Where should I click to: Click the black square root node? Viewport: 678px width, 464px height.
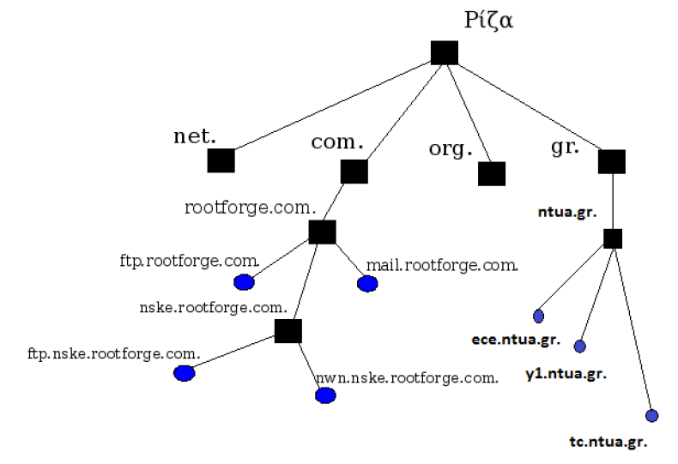[444, 52]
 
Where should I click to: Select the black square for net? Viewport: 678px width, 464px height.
[221, 160]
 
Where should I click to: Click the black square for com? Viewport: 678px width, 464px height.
[354, 172]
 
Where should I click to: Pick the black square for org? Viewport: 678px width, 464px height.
[491, 173]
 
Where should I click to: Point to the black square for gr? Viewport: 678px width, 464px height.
[611, 161]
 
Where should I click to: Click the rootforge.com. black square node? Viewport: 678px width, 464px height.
[322, 232]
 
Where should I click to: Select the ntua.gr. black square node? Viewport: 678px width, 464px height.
[612, 238]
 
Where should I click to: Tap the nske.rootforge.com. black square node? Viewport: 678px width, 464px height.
[288, 330]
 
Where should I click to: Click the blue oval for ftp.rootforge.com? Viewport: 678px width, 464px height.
[244, 282]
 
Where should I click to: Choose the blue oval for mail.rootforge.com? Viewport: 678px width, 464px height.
[367, 284]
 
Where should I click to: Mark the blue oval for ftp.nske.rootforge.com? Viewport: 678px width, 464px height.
[184, 373]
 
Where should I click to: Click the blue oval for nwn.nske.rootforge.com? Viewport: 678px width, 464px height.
[325, 395]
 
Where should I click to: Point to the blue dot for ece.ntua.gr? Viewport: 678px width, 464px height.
[539, 316]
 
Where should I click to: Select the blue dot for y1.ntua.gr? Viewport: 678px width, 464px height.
[579, 346]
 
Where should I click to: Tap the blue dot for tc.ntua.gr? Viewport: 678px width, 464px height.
[651, 416]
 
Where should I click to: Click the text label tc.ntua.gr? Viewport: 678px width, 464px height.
[608, 443]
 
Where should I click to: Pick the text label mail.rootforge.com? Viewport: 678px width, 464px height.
[442, 265]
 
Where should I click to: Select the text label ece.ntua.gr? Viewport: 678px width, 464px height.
[515, 340]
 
